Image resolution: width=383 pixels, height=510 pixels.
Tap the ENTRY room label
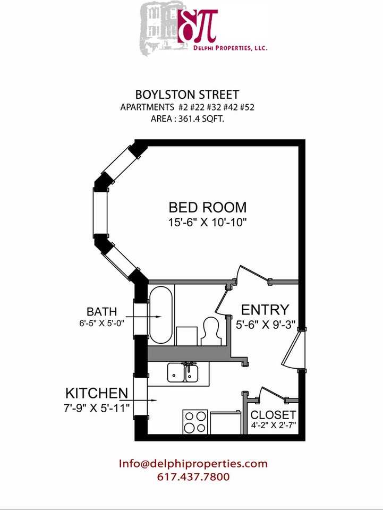point(265,310)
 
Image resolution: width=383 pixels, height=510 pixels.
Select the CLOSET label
point(274,414)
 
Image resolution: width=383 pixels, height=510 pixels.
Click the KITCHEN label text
point(96,394)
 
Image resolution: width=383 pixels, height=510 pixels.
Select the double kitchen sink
point(183,373)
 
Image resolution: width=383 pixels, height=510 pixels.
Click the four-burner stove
point(195,422)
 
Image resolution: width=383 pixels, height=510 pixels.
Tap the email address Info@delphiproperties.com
point(193,463)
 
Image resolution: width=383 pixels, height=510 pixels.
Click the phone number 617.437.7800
point(193,477)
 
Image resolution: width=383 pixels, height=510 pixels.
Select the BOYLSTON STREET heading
point(186,95)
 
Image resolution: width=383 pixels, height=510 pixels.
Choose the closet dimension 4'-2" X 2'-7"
point(274,425)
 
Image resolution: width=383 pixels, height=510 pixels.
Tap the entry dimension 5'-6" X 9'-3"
point(265,323)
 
